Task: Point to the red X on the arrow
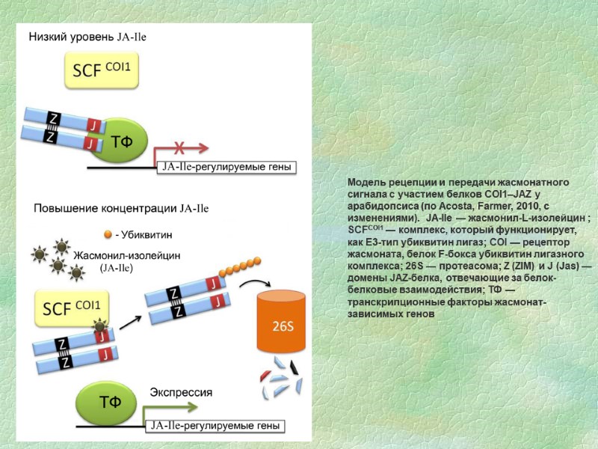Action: pos(180,146)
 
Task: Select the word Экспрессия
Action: pos(182,391)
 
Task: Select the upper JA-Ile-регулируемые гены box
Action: pos(224,167)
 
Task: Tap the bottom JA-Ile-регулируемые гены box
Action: pos(215,426)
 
